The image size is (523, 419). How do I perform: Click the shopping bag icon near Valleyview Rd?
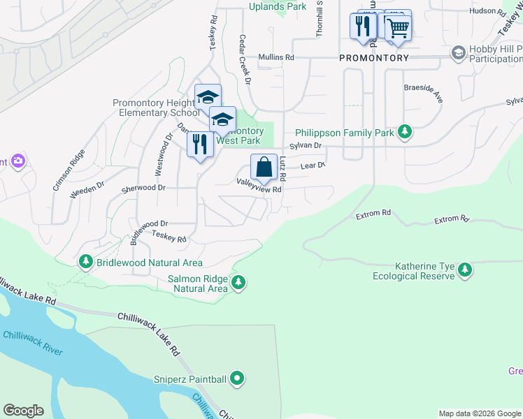tap(264, 168)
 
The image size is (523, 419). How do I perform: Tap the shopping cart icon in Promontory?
tap(398, 28)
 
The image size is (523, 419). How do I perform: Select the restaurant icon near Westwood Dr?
tap(201, 145)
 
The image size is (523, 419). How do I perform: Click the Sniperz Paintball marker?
tap(238, 379)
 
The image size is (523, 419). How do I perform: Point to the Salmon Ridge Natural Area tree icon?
tap(239, 282)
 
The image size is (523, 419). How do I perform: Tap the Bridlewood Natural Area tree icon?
tap(86, 262)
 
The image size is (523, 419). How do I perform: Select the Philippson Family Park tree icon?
tap(404, 131)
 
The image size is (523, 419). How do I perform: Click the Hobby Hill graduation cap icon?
tap(458, 53)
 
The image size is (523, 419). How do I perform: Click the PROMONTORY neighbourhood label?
tap(373, 58)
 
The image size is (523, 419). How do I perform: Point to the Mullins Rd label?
tap(276, 57)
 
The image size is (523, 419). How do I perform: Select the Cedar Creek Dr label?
tap(245, 59)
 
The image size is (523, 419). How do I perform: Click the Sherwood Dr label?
tap(143, 188)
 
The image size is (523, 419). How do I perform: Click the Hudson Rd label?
tap(488, 11)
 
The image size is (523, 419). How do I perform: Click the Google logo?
tap(23, 411)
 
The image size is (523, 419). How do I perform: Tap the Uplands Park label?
tap(278, 6)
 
